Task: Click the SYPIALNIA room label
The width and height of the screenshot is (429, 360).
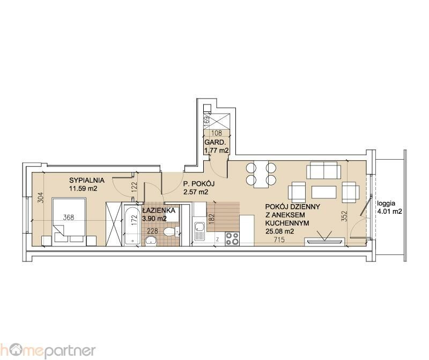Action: (x=87, y=181)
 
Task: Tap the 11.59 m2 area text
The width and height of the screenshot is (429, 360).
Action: (x=83, y=189)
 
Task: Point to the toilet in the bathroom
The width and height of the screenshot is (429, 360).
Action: (x=172, y=232)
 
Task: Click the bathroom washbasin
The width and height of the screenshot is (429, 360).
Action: (x=151, y=241)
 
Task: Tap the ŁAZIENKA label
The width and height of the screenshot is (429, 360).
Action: (x=159, y=210)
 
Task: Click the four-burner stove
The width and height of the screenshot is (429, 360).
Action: (x=232, y=238)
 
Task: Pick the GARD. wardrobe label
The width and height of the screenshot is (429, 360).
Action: (x=215, y=142)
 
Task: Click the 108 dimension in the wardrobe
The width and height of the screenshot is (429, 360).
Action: (x=217, y=133)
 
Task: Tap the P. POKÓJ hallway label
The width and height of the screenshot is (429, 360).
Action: (x=199, y=184)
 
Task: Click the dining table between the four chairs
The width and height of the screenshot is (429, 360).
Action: (x=261, y=175)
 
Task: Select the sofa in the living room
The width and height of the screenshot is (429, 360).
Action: (x=323, y=170)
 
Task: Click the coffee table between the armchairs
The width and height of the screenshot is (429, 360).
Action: (x=324, y=192)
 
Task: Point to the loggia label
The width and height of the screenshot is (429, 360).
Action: (x=386, y=204)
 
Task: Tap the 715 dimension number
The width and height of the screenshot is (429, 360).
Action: (x=279, y=239)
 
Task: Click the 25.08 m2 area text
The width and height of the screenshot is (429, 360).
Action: (x=279, y=231)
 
